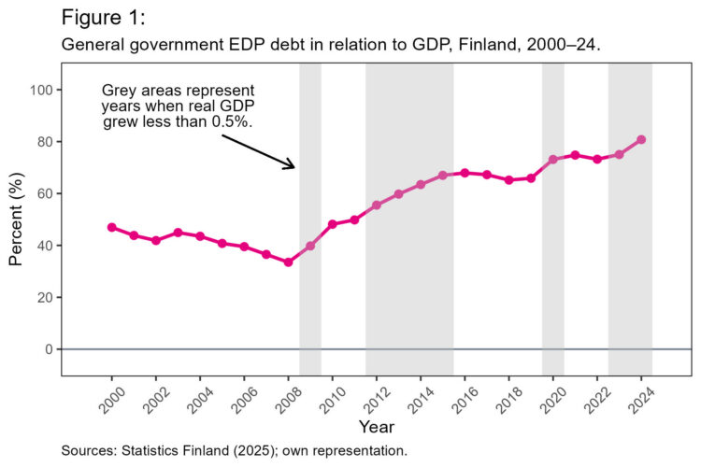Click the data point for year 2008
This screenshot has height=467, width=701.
point(288,262)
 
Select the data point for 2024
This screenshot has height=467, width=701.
point(641,140)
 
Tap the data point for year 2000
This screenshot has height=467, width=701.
point(112,227)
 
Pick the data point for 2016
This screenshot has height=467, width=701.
point(465,173)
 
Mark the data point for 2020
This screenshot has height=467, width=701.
point(552,160)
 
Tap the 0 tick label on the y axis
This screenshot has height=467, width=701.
point(47,349)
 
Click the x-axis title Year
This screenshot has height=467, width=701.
point(376,426)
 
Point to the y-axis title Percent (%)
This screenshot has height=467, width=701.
point(16,219)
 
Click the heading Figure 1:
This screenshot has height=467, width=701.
point(103,18)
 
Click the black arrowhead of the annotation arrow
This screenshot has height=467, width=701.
point(293,166)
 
